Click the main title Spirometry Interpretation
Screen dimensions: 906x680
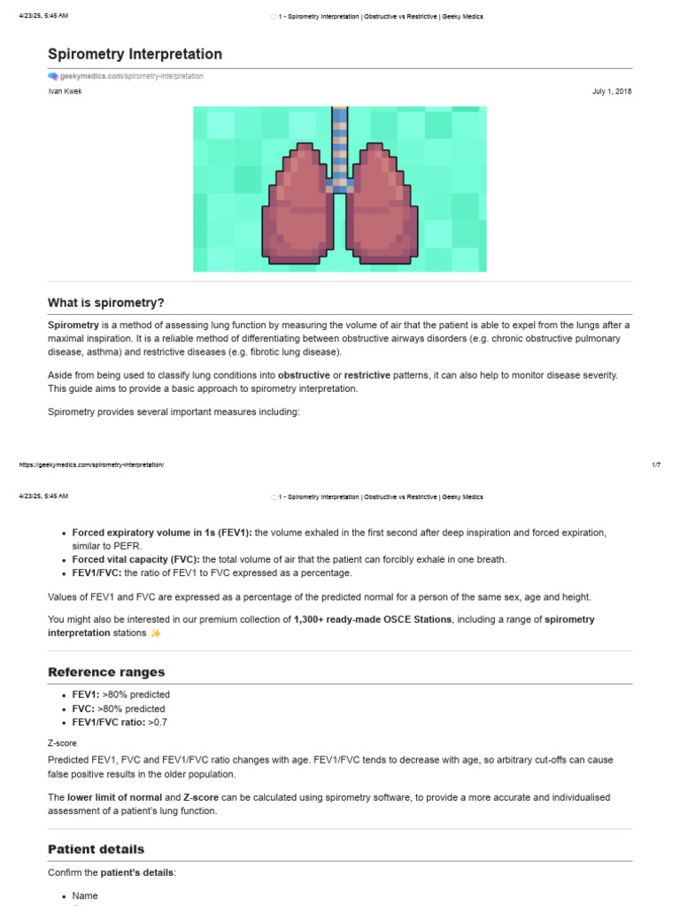[135, 54]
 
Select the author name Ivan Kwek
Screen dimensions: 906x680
[65, 91]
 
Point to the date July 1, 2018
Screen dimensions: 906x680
[612, 91]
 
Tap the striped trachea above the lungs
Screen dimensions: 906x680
[339, 142]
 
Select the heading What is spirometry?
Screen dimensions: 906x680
[106, 303]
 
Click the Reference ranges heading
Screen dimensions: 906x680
[106, 672]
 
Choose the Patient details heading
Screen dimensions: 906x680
[96, 848]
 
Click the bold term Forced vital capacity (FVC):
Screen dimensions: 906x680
[136, 559]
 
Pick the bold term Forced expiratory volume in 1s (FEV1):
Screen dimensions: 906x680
[162, 533]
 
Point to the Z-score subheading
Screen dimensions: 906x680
[63, 743]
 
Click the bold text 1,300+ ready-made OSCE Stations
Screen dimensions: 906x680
[373, 619]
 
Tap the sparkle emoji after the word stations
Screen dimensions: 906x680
[156, 633]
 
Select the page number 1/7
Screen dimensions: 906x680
[655, 465]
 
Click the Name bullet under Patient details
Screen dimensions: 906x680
[85, 895]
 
